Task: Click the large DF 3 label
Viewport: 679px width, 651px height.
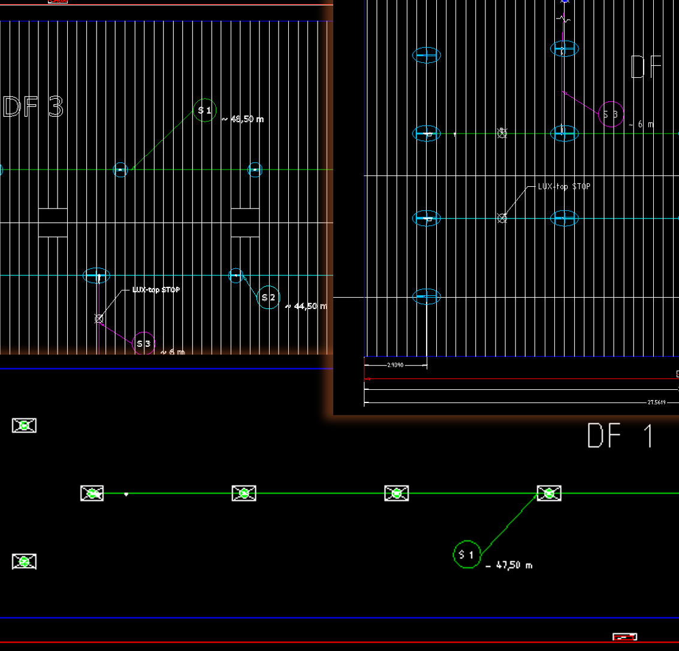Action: click(34, 107)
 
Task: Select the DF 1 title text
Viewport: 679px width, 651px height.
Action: click(620, 436)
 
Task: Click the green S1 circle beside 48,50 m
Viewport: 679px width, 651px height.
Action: click(205, 110)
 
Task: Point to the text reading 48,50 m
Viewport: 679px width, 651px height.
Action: click(243, 119)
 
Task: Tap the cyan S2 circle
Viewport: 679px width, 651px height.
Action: click(269, 297)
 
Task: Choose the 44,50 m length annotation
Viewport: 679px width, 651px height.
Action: click(307, 306)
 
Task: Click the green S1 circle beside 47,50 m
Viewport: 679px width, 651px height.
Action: click(467, 555)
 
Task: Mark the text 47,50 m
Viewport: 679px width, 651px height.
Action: click(509, 565)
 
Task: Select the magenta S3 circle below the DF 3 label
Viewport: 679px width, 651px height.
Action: click(144, 343)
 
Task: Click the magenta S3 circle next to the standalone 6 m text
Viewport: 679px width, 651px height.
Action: click(611, 114)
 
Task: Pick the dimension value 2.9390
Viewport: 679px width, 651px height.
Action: click(396, 364)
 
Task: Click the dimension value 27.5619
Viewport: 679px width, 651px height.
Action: click(656, 402)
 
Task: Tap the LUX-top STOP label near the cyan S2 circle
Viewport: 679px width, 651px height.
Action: click(156, 290)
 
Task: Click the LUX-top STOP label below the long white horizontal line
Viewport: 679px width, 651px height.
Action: click(564, 186)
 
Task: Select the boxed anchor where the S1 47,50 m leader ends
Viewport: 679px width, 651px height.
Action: click(548, 493)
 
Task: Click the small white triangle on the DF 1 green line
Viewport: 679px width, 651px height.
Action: click(126, 494)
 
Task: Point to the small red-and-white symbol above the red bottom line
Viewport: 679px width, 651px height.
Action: click(624, 637)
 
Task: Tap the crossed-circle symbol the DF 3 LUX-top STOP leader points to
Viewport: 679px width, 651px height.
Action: click(99, 319)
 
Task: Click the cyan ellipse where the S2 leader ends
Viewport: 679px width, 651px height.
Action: click(236, 275)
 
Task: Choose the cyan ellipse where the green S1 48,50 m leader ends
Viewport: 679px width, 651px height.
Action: click(121, 170)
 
